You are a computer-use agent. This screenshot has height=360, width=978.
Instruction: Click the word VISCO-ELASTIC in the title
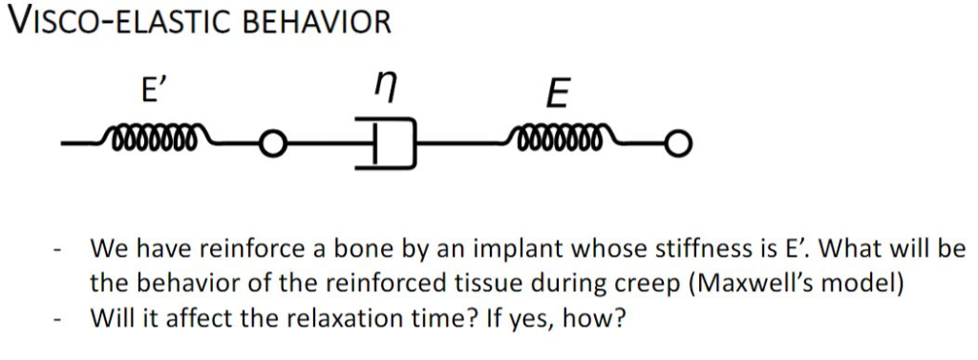pyautogui.click(x=118, y=21)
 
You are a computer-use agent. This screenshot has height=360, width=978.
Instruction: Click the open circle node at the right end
pyautogui.click(x=678, y=145)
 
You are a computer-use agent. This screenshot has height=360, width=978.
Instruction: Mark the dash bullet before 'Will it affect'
pyautogui.click(x=59, y=317)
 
